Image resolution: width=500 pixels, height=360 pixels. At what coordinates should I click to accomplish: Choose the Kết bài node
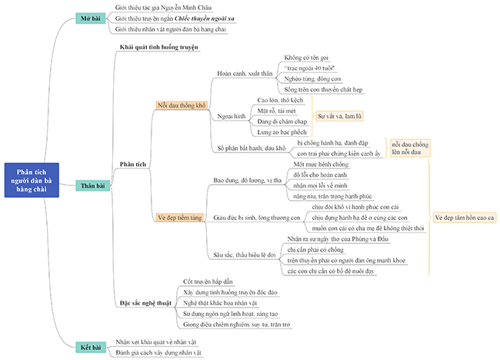[x=92, y=347]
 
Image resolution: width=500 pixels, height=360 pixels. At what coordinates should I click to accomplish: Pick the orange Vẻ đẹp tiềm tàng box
[x=179, y=218]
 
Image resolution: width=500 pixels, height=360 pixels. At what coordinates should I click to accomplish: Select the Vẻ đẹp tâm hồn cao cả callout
[x=464, y=218]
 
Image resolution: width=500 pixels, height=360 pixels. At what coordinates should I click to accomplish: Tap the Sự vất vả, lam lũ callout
[x=339, y=115]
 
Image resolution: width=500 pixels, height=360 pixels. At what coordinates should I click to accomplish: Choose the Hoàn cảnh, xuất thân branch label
[x=246, y=74]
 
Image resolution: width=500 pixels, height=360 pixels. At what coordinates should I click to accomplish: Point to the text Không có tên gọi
[x=305, y=58]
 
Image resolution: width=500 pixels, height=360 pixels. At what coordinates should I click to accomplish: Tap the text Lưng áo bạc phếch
[x=282, y=132]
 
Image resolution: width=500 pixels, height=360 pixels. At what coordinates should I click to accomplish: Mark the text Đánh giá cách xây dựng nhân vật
[x=158, y=352]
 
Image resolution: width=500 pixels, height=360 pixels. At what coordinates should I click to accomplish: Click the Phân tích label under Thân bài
[x=133, y=164]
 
